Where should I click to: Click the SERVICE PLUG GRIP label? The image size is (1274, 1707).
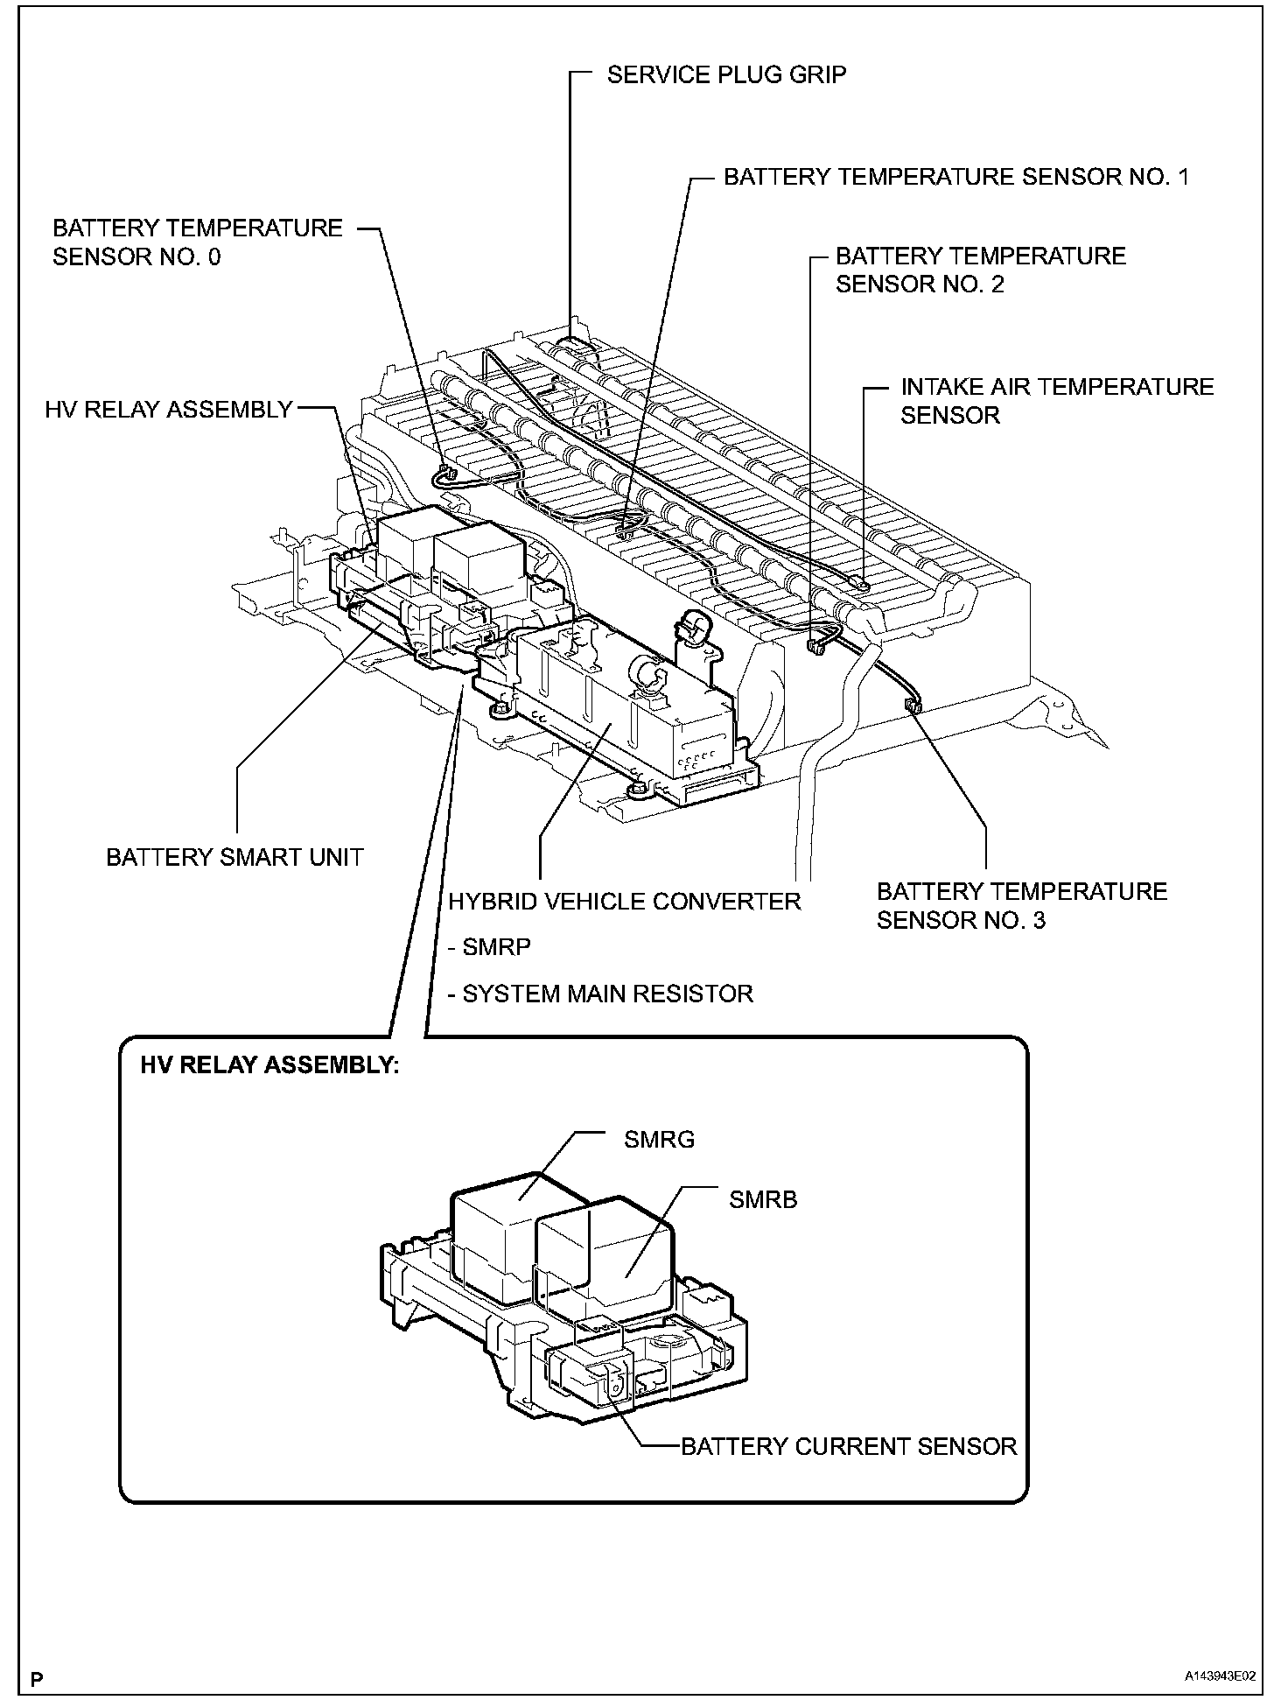pos(726,74)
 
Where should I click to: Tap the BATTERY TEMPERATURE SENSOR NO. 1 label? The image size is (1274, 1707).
pos(956,177)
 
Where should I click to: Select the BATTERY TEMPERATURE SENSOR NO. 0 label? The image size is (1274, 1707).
pos(197,242)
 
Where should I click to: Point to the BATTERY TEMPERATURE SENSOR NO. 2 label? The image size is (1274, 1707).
pos(980,270)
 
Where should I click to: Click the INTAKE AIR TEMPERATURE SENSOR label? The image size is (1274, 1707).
pos(1057,401)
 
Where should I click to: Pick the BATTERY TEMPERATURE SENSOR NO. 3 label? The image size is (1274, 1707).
pos(1021,905)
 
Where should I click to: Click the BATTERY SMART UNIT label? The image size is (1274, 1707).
pos(234,857)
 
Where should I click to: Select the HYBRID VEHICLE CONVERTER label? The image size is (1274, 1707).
pos(625,901)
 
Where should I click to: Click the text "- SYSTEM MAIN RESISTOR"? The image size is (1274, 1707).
pos(600,994)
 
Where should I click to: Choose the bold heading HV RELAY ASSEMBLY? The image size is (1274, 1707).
pos(269,1065)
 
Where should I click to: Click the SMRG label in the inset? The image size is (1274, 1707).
pos(659,1140)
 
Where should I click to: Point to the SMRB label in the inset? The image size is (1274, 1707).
pos(763,1199)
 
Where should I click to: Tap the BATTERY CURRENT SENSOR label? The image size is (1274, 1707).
pos(849,1446)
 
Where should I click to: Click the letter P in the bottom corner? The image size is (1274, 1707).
pos(37,1679)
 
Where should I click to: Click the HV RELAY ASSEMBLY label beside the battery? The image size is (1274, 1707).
pos(168,409)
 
